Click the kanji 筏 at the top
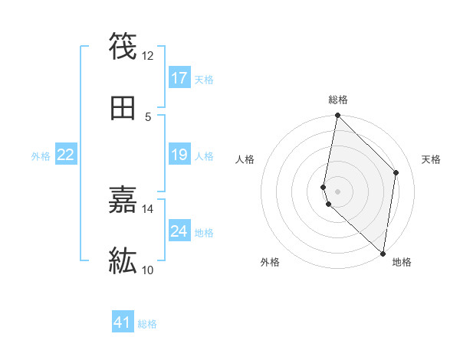(123, 45)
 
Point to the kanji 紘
(123, 260)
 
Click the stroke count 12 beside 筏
(147, 55)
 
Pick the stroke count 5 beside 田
(148, 116)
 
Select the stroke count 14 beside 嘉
(147, 208)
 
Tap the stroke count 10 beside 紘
(147, 270)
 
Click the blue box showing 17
(179, 78)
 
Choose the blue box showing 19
(179, 155)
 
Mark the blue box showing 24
(179, 231)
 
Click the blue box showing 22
(66, 155)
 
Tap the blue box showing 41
(123, 323)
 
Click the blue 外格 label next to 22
(41, 156)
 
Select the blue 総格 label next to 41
(147, 324)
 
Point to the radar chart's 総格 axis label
(338, 100)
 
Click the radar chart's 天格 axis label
(432, 159)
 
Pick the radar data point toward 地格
(383, 253)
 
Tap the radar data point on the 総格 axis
(337, 116)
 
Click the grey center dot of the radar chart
(337, 191)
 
